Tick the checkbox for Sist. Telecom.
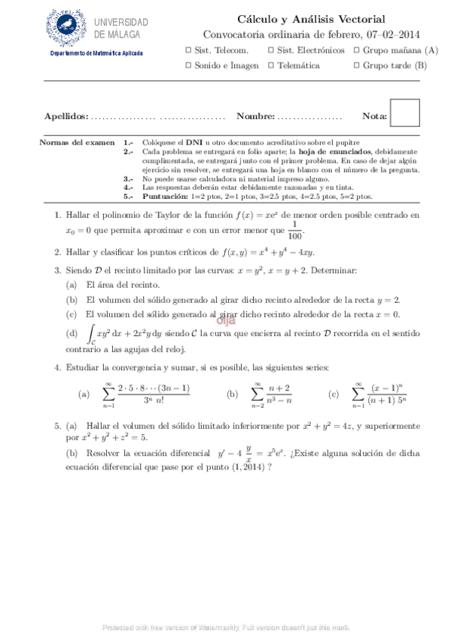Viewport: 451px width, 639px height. (187, 50)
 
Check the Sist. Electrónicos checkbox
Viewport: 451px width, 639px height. (270, 50)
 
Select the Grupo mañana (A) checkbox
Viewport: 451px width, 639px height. (355, 50)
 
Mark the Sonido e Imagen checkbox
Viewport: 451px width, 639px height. (187, 66)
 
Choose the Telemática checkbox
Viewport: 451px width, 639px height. (270, 66)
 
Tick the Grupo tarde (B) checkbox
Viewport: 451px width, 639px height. (355, 66)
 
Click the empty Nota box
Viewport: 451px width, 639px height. (405, 113)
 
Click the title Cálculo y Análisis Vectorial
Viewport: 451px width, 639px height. (311, 19)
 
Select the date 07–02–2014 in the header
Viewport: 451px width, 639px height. (392, 34)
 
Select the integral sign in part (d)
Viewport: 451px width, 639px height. (91, 332)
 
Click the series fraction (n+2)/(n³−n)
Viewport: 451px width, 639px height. (280, 393)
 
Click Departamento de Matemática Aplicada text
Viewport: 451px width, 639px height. (96, 53)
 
